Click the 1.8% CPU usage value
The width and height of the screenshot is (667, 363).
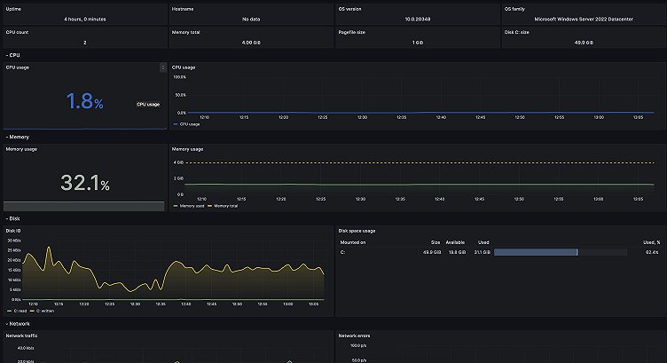(80, 101)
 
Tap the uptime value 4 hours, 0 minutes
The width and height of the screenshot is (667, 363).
(83, 18)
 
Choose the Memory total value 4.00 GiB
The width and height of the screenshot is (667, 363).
(250, 42)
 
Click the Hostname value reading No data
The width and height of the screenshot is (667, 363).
(250, 18)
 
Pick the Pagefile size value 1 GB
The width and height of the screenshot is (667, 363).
(416, 42)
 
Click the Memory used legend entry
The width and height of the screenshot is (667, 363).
(192, 206)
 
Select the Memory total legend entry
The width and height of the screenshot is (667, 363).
(223, 206)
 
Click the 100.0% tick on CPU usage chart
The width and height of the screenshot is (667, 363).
(179, 77)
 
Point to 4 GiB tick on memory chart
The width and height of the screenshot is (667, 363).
(178, 163)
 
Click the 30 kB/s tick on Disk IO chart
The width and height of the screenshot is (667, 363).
(13, 241)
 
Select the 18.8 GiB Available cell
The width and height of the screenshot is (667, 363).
(456, 252)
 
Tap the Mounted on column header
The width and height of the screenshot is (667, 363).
(353, 241)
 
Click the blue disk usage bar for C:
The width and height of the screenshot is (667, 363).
(536, 252)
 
